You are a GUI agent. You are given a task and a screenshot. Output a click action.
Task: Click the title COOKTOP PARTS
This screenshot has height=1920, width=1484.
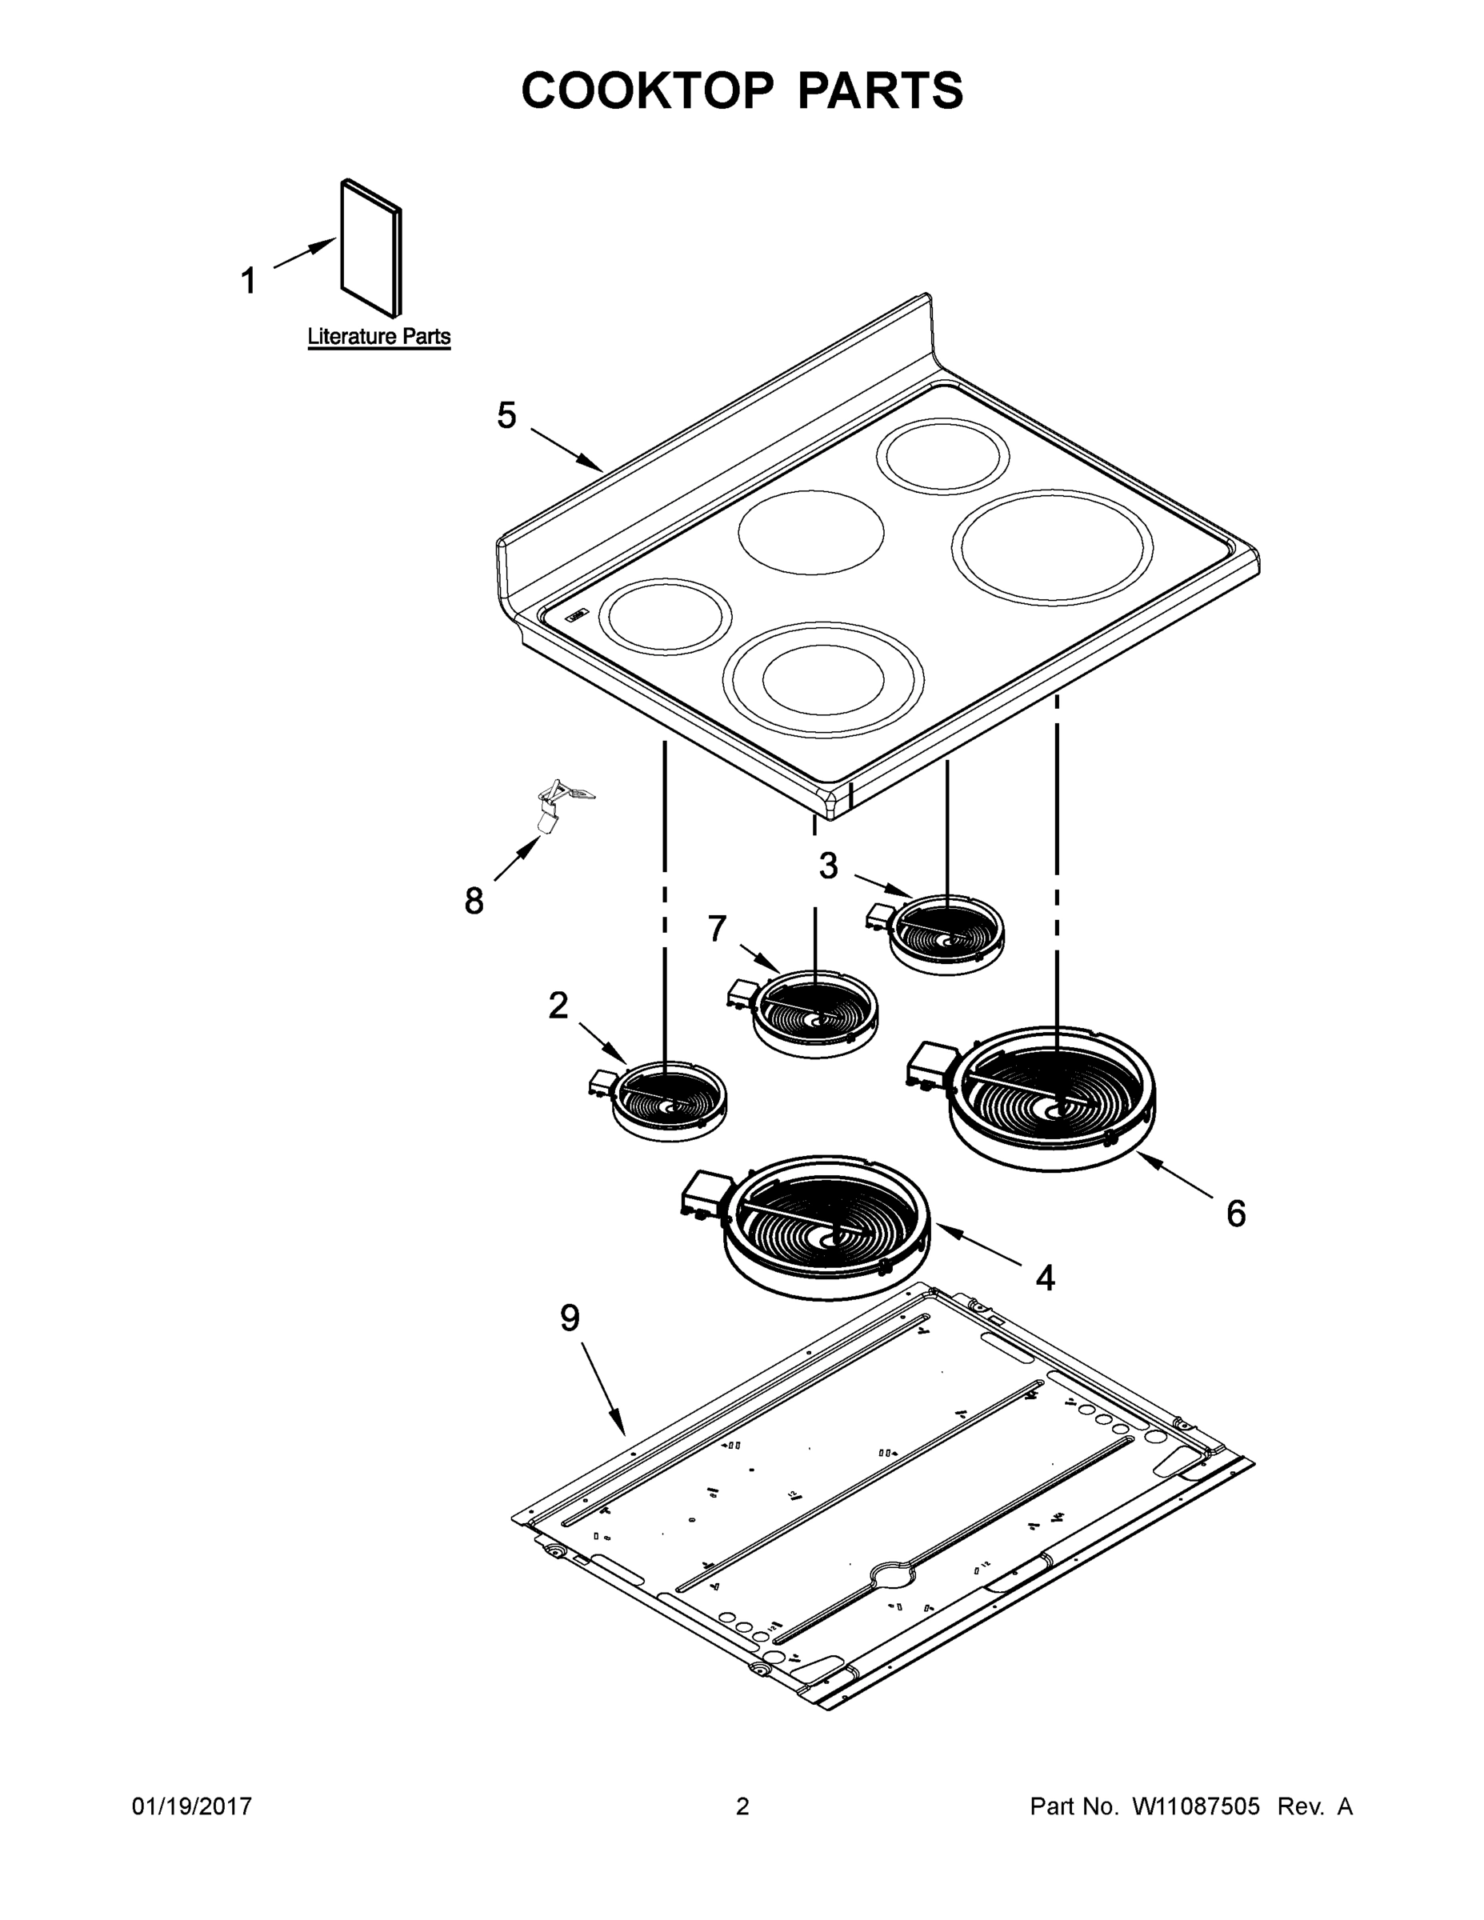pos(742,90)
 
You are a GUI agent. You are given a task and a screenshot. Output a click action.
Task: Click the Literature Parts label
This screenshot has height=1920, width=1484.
pos(379,337)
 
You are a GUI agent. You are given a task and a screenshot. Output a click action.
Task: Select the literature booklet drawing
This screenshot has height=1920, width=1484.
pos(371,248)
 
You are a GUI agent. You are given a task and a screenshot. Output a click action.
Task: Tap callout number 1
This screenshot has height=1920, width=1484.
pos(249,282)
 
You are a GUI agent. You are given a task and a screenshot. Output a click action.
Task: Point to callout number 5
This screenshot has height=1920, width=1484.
pos(506,415)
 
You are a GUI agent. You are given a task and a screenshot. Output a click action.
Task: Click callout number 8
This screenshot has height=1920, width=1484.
pos(474,901)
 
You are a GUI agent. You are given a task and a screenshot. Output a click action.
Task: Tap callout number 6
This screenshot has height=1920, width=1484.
pos(1236,1214)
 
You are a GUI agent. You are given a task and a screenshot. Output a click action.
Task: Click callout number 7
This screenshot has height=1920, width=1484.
pos(718,928)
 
